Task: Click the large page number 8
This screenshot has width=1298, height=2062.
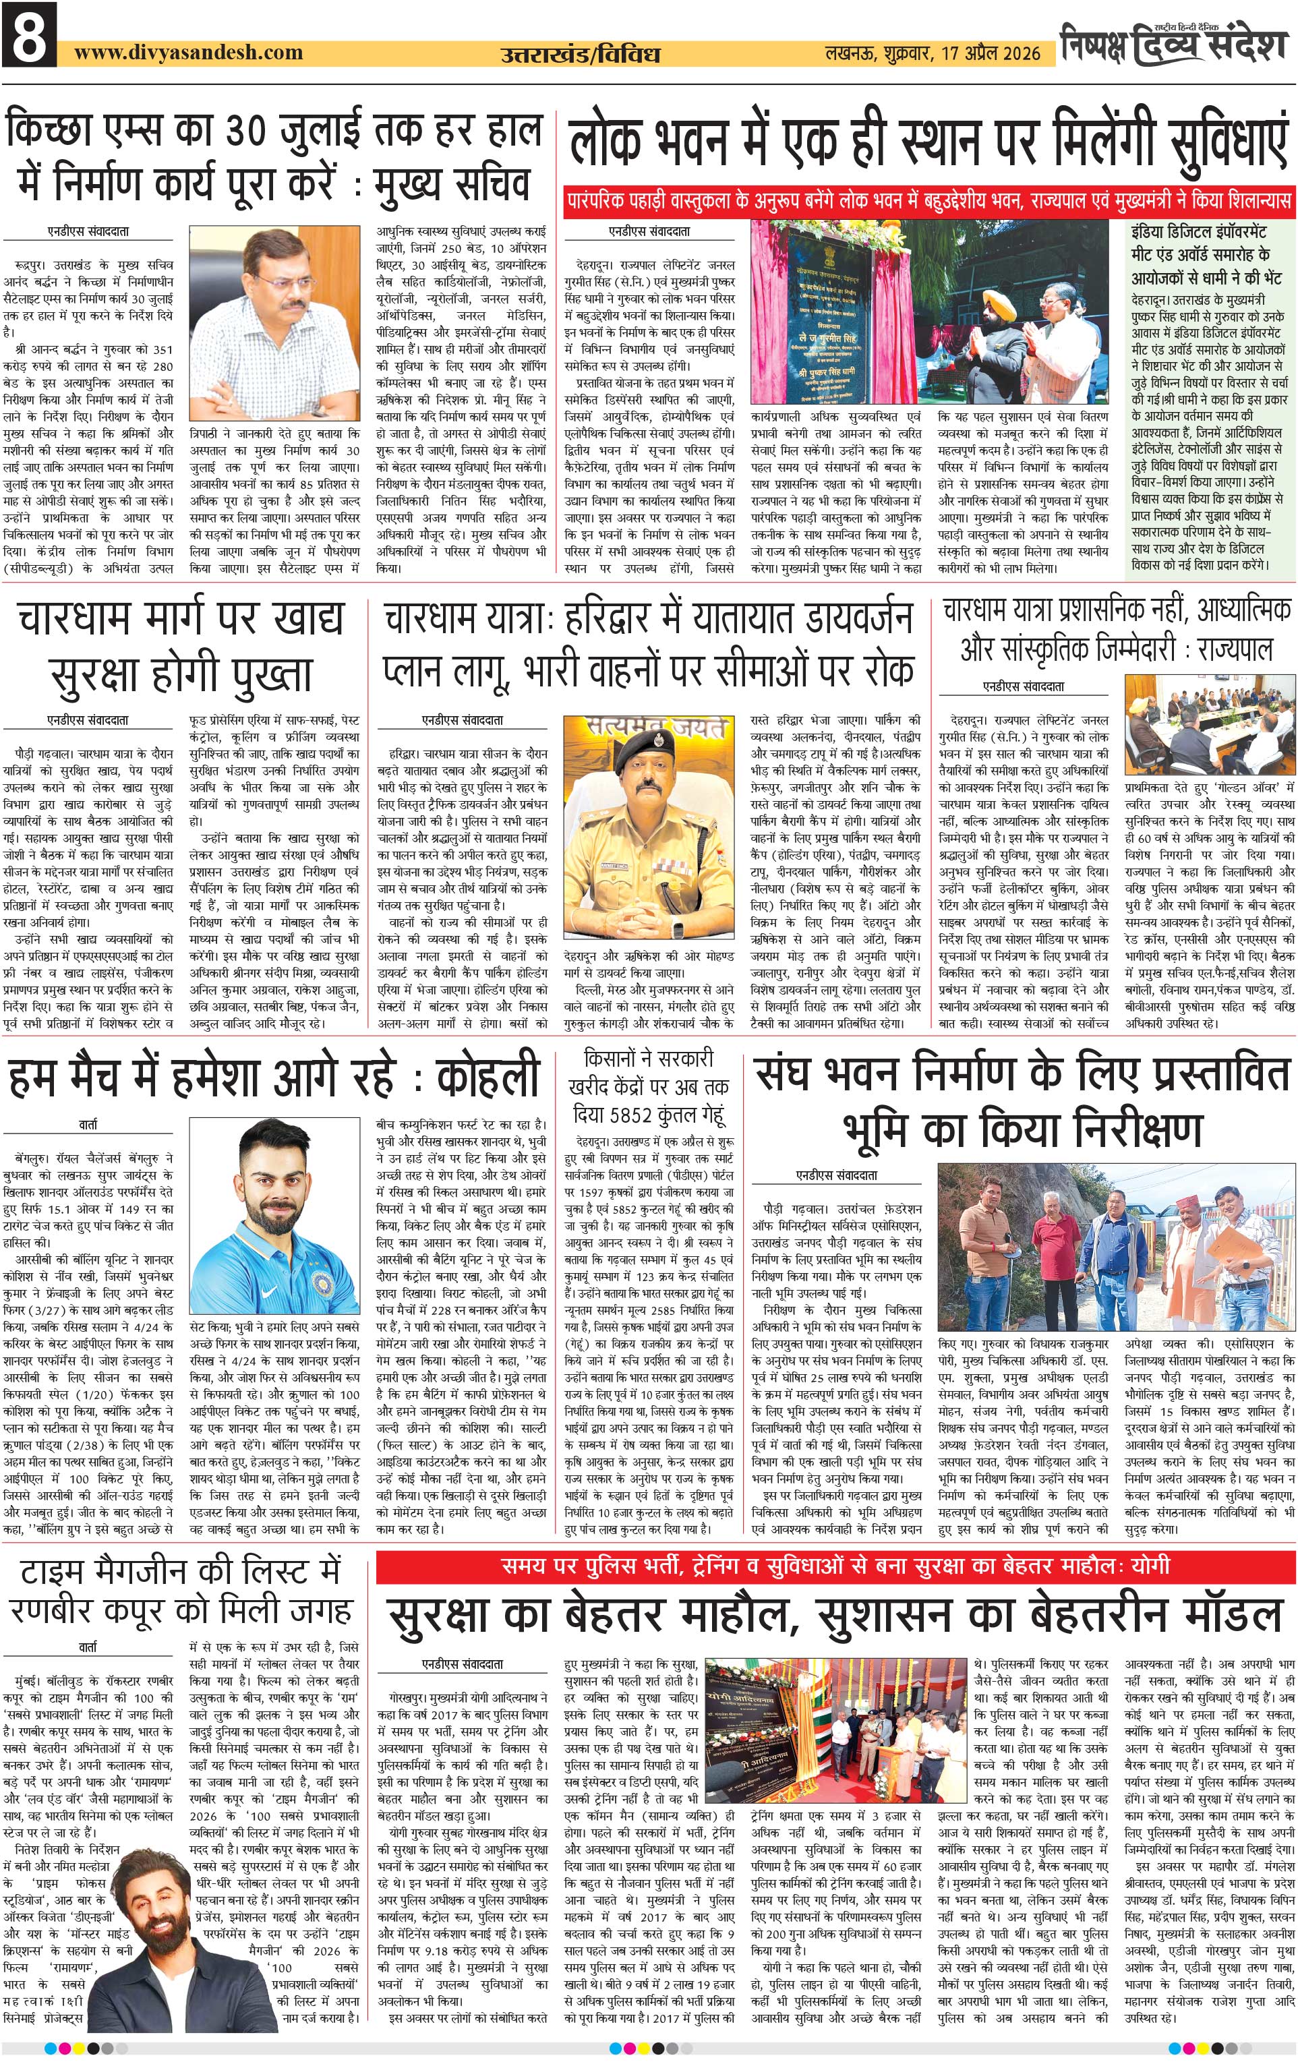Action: pyautogui.click(x=29, y=36)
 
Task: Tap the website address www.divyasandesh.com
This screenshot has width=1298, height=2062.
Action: pyautogui.click(x=188, y=52)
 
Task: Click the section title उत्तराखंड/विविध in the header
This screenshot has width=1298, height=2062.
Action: pyautogui.click(x=580, y=55)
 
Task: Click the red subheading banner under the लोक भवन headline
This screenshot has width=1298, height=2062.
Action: pyautogui.click(x=929, y=203)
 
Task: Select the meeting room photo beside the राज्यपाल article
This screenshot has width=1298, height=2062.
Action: pyautogui.click(x=1209, y=723)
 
